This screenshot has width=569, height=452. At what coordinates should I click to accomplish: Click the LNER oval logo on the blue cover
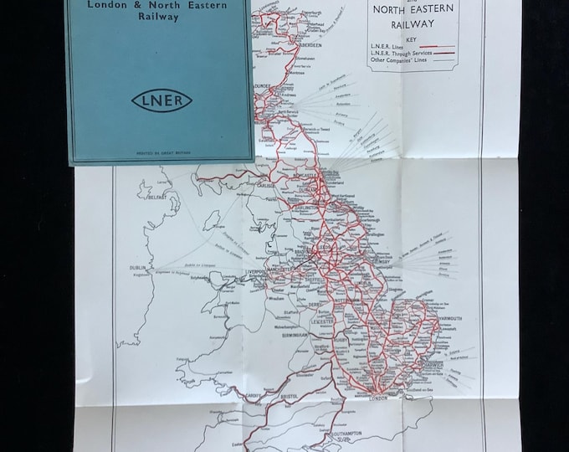click(x=161, y=101)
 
